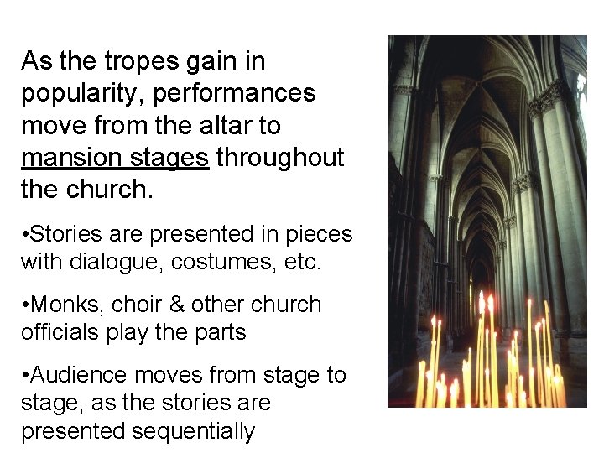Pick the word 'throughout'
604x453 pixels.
pyautogui.click(x=280, y=157)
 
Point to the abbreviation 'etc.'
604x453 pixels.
pyautogui.click(x=302, y=263)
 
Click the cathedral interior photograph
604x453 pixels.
pyautogui.click(x=487, y=168)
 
